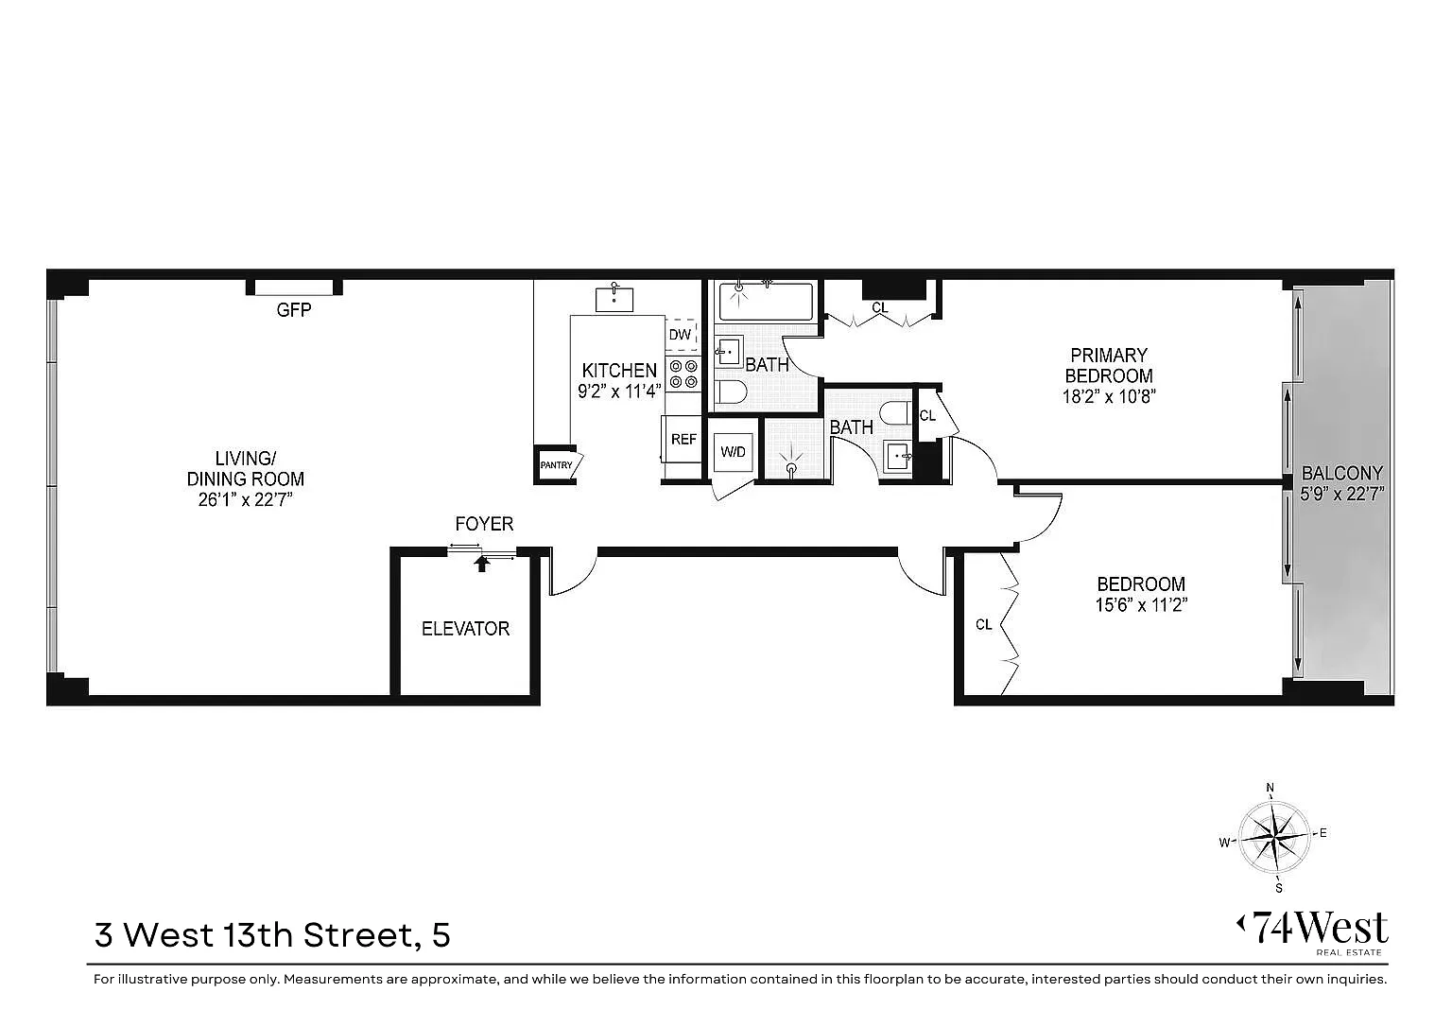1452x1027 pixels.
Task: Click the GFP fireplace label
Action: pyautogui.click(x=294, y=310)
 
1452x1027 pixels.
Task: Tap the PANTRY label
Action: pyautogui.click(x=556, y=465)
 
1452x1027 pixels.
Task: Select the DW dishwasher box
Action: pyautogui.click(x=681, y=335)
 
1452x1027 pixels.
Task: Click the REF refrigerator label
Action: pyautogui.click(x=683, y=440)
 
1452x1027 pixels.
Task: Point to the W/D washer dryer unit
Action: pyautogui.click(x=734, y=451)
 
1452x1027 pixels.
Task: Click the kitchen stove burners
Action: pyautogui.click(x=683, y=374)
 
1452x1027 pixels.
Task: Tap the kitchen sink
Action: pyautogui.click(x=614, y=300)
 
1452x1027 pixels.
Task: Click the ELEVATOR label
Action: pyautogui.click(x=465, y=628)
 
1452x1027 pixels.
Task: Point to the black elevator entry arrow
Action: pyautogui.click(x=481, y=563)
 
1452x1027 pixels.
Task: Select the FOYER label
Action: pyautogui.click(x=484, y=524)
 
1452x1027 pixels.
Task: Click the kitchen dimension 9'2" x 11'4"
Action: pyautogui.click(x=619, y=392)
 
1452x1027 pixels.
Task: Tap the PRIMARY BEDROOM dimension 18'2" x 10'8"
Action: pyautogui.click(x=1109, y=397)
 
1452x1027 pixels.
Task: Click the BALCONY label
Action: pyautogui.click(x=1341, y=473)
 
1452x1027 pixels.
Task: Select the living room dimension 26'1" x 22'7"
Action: pyautogui.click(x=246, y=500)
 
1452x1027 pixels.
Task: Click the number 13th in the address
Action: pyautogui.click(x=258, y=935)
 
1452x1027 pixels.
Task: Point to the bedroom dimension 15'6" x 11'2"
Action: pyautogui.click(x=1142, y=605)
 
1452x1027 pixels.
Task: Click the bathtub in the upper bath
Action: pyautogui.click(x=766, y=301)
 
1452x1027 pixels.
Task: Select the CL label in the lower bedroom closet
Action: pyautogui.click(x=983, y=624)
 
